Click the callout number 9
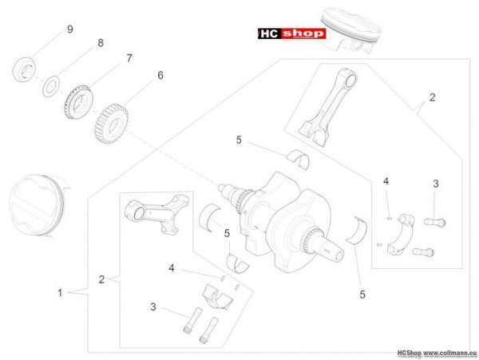click(x=70, y=30)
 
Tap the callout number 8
click(x=101, y=43)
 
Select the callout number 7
click(x=129, y=58)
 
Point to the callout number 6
click(x=160, y=75)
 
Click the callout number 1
click(x=60, y=293)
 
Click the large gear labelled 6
click(x=111, y=124)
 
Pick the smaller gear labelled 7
click(x=78, y=102)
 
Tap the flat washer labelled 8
click(x=51, y=86)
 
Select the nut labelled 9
click(x=25, y=69)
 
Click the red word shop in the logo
click(x=303, y=34)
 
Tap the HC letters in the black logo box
click(x=270, y=34)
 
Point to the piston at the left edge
click(x=36, y=205)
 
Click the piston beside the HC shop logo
click(x=351, y=30)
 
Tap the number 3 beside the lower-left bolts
click(x=153, y=307)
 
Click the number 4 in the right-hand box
click(x=386, y=181)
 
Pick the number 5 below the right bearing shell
click(x=362, y=295)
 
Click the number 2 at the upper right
click(x=432, y=97)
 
